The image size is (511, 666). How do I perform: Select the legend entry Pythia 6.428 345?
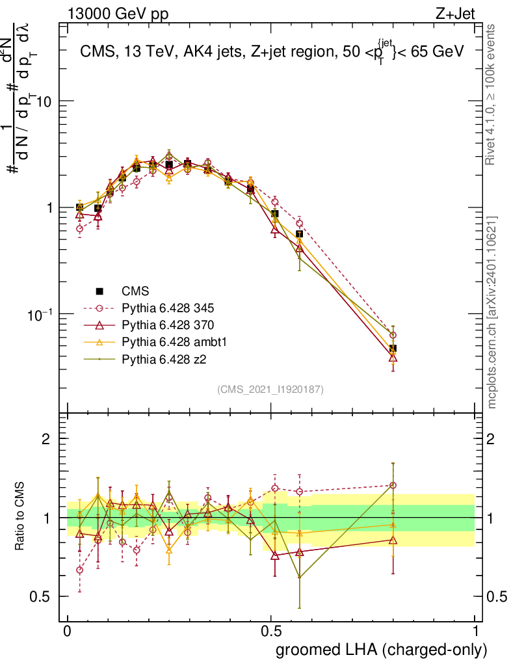[166, 306]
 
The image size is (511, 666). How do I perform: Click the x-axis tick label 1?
[475, 632]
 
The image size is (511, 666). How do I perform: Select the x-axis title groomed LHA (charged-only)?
[382, 649]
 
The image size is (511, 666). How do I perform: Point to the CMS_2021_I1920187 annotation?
[271, 389]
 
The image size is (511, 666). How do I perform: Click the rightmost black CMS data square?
[393, 349]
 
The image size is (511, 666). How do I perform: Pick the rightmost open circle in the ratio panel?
[393, 485]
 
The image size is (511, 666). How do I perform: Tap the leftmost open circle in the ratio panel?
[79, 570]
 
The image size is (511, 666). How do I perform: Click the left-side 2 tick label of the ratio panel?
[46, 439]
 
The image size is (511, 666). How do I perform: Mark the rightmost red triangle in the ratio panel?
[393, 540]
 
